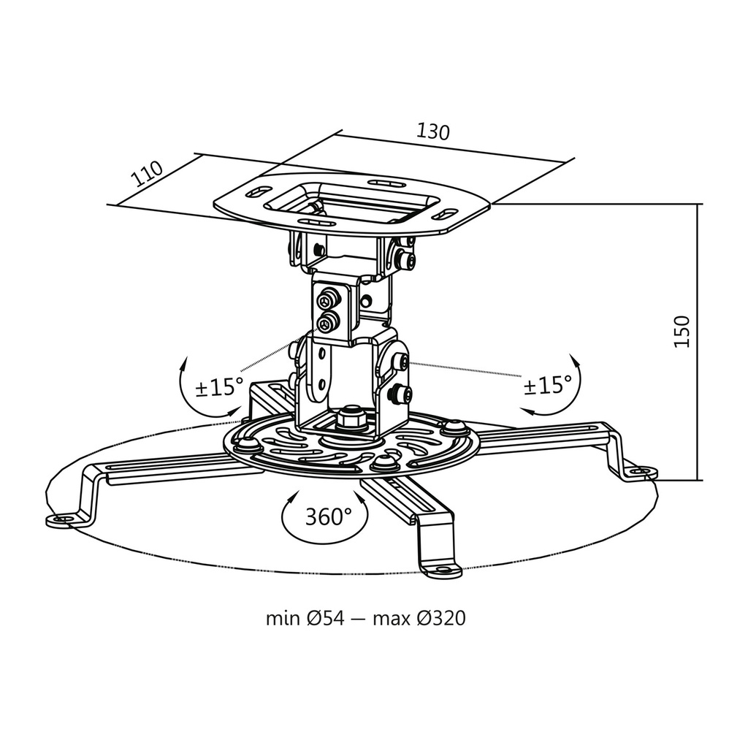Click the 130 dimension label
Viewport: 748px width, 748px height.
point(432,131)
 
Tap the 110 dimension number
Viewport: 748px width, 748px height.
point(147,175)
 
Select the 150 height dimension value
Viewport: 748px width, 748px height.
point(681,332)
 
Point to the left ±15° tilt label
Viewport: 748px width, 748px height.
point(219,386)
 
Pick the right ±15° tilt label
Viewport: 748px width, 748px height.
point(547,384)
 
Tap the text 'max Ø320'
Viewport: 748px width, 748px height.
point(419,619)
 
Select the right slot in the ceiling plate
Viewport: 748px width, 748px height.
point(446,215)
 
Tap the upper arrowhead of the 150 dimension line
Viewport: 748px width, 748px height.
point(699,207)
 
